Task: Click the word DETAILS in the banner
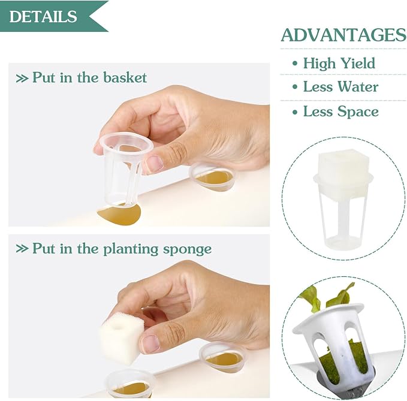43,16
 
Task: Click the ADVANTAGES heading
343,35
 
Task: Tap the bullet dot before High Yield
294,64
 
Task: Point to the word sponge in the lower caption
187,249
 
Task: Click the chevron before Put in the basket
22,78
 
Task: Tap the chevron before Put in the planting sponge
22,249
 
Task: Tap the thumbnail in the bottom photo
150,343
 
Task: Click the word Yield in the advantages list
358,64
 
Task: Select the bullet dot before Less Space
294,112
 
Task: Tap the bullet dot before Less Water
294,87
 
